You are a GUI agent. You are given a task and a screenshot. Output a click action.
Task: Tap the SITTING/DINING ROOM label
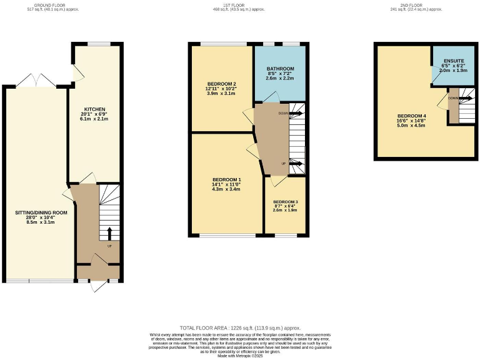coord(42,212)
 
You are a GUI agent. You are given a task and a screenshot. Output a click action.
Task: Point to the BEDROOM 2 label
coord(221,84)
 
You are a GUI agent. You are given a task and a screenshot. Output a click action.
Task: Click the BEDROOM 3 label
coord(285,202)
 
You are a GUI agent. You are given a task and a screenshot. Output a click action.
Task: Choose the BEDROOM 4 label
coord(411,116)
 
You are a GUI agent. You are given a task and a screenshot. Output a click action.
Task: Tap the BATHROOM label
coord(279,68)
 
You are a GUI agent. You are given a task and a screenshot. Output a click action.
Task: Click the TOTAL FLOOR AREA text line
coord(240,327)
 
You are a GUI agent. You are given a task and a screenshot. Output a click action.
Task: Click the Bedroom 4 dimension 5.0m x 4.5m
coord(411,126)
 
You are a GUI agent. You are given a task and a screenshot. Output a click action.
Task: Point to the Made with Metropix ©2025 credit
coord(240,355)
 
